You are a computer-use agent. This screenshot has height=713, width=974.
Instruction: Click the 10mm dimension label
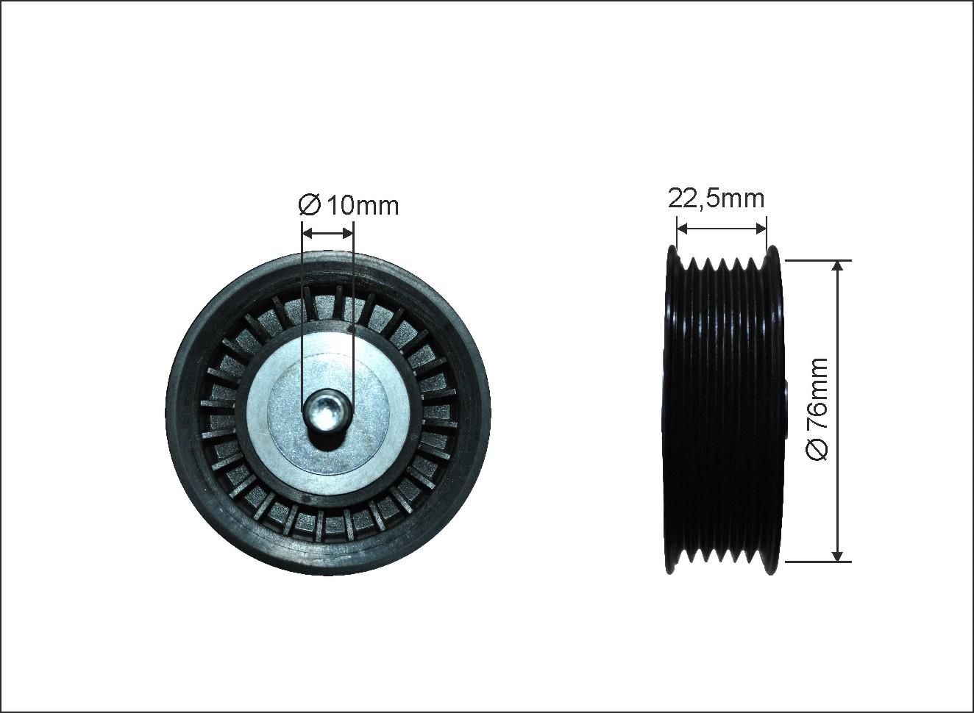(363, 206)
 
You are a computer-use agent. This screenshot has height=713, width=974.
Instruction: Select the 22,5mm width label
(716, 199)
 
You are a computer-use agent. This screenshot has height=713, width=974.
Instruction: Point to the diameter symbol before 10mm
(309, 206)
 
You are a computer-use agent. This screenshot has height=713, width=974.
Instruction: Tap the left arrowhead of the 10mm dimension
(308, 234)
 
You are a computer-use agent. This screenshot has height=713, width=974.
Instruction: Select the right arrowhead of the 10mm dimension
(347, 234)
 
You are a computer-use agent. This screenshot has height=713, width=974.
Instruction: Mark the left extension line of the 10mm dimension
(302, 317)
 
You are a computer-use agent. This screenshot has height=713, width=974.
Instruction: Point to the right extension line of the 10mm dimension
(354, 317)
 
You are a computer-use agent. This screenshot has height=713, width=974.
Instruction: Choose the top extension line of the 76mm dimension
(818, 261)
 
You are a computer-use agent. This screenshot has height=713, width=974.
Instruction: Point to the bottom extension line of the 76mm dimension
(818, 562)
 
